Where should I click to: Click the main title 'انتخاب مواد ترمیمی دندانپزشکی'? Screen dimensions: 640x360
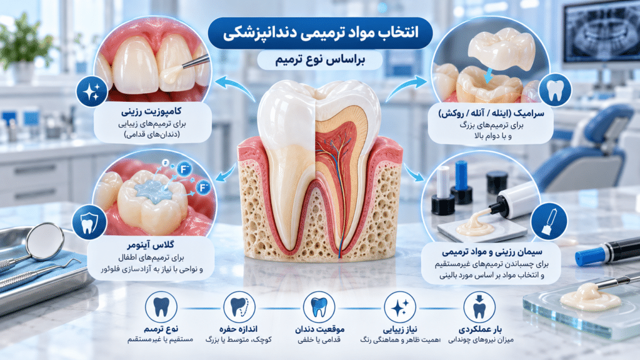coord(321,32)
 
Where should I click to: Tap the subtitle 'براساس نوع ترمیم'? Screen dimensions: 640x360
coord(320,59)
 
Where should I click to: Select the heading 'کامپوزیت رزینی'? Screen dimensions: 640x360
coord(151,111)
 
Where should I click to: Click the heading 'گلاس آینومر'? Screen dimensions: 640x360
coord(151,245)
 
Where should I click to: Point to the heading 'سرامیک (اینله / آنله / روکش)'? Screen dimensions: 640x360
coord(491,113)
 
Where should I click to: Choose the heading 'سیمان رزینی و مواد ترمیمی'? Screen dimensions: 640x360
coord(492,251)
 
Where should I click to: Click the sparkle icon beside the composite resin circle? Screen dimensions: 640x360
coord(91,91)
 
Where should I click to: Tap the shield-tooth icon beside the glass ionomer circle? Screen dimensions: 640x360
coord(89,222)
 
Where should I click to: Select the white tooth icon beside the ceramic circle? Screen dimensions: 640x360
coord(555,90)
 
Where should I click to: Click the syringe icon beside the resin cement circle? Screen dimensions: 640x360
coord(549,222)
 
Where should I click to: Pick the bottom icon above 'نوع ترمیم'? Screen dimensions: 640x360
coord(161,307)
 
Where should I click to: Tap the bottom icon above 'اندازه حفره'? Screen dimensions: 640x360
coord(239,307)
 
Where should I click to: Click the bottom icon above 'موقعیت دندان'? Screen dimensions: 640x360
coord(319,307)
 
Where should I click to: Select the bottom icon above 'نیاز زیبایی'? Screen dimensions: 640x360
coord(399,307)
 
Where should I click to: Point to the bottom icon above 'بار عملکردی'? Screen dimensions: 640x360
coord(479,307)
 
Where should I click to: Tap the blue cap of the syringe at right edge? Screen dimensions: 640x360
coord(589,256)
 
